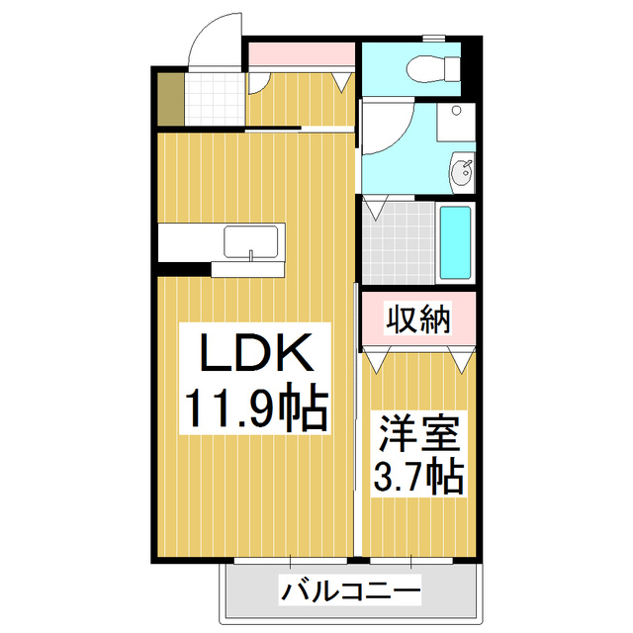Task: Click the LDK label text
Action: pos(257,352)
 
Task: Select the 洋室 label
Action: pos(418,436)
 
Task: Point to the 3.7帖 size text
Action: pos(418,479)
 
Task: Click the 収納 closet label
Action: pos(417,319)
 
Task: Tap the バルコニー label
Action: pos(351,592)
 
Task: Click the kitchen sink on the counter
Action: pos(253,240)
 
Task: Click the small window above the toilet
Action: pos(433,39)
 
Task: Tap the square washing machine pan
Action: pos(456,123)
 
